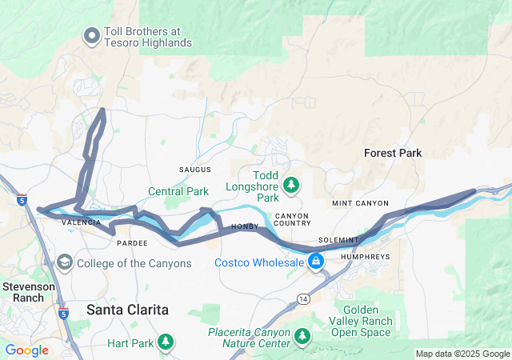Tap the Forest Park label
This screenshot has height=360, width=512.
click(x=392, y=153)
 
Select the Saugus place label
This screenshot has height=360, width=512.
click(x=195, y=170)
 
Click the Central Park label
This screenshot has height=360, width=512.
click(x=178, y=191)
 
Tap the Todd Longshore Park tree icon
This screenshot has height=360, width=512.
click(x=292, y=186)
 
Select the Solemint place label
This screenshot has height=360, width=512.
click(x=338, y=240)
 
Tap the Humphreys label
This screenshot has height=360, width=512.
click(x=364, y=257)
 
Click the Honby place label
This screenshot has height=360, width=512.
click(x=243, y=228)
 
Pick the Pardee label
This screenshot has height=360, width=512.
click(x=131, y=242)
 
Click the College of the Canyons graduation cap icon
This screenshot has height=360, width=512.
click(x=64, y=262)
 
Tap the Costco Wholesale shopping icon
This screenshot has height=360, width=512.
click(x=317, y=262)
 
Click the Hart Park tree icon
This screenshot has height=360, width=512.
click(x=166, y=342)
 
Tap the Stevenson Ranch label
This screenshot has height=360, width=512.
click(x=22, y=292)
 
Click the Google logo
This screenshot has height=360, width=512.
click(x=26, y=350)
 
